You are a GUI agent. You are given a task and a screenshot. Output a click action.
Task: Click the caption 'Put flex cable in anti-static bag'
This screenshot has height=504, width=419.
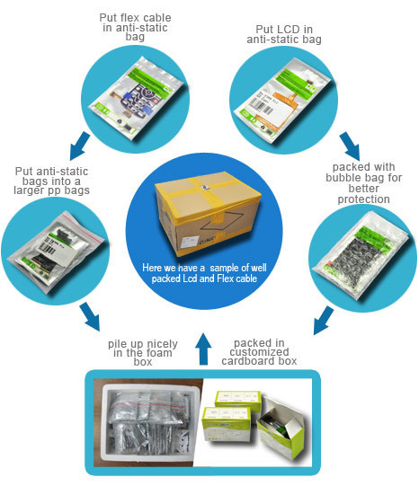[x=135, y=27]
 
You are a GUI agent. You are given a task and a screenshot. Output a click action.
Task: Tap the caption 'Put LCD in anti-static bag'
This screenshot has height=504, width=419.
[x=284, y=34]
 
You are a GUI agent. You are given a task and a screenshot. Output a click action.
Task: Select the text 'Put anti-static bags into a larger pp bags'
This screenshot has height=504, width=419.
[x=51, y=181]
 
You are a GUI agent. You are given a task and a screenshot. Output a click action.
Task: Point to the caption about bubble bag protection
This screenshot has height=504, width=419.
[x=363, y=183]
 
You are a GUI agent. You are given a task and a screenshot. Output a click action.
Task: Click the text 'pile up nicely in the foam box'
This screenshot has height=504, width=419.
[x=143, y=352]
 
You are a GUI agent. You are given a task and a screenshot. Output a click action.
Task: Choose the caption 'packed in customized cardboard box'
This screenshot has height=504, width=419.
[x=259, y=352]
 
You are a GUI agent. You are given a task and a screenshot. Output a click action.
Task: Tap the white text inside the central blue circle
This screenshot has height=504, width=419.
[x=204, y=273]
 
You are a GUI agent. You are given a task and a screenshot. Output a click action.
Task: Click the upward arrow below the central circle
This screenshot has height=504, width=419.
[x=203, y=349]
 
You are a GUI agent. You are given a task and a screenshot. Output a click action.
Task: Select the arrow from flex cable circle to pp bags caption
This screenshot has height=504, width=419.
[x=80, y=146]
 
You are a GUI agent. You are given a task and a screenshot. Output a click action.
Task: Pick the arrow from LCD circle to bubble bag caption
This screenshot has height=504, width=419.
[x=350, y=146]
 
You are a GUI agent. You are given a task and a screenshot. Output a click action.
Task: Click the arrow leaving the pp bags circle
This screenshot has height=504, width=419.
[x=90, y=316]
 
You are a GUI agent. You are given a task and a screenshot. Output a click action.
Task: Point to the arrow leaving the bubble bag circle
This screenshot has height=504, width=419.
[x=324, y=320]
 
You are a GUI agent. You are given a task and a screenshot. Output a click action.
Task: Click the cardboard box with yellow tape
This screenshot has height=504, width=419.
[x=208, y=214]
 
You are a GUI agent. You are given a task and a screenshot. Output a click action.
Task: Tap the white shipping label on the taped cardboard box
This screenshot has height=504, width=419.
[x=191, y=241]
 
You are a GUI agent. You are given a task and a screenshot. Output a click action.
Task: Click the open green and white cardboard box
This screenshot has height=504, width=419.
[x=280, y=424]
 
